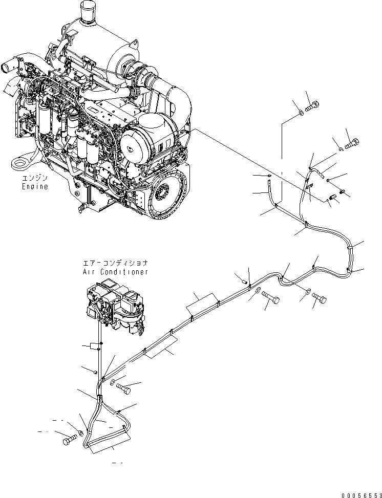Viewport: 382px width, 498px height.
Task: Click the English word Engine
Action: [x=35, y=187]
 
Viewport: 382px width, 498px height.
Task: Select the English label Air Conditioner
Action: [x=115, y=272]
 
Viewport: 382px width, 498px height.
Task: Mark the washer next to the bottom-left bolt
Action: [x=81, y=435]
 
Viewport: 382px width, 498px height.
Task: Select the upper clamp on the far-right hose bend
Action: [x=350, y=247]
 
